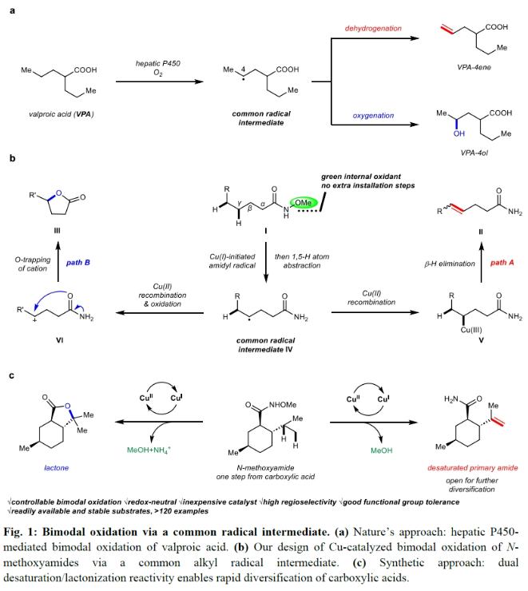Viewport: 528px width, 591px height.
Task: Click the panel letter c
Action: point(12,374)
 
